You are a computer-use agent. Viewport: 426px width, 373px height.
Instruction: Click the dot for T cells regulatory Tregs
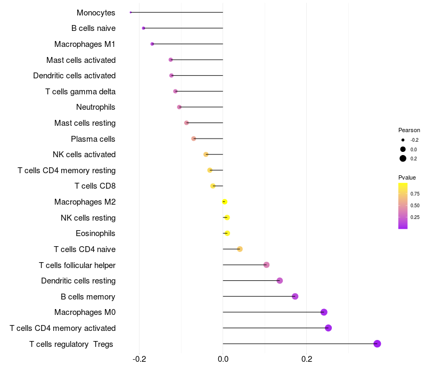coord(377,344)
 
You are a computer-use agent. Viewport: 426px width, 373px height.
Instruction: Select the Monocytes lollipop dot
coord(130,12)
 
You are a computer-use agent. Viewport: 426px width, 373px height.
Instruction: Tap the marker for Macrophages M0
coord(324,312)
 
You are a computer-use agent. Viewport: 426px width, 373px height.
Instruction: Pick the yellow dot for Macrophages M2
coord(225,202)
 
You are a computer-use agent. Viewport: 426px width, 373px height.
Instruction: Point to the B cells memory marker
coord(295,296)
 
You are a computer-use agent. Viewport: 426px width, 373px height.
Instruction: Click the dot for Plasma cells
coord(194,139)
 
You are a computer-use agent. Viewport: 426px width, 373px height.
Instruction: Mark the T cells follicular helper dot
coord(266,265)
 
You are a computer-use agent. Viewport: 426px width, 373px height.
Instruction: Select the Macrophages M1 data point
coord(152,44)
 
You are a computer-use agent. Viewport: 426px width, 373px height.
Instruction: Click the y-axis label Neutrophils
coord(96,107)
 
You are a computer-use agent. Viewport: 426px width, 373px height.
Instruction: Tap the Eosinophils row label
coord(96,233)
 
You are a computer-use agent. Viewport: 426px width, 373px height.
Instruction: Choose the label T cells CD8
coord(95,186)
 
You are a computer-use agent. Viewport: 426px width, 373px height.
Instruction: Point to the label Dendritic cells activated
coord(75,76)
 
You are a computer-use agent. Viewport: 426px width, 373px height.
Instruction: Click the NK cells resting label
coord(88,217)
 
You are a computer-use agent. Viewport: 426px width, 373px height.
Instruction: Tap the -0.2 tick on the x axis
coord(139,359)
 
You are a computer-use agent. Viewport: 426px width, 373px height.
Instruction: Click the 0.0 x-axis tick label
coord(223,359)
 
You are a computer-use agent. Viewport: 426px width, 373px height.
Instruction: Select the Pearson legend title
coord(409,130)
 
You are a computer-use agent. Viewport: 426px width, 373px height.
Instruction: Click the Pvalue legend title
coord(407,177)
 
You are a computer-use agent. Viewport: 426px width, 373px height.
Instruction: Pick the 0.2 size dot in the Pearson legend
coord(403,158)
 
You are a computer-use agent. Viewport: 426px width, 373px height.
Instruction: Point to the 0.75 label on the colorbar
coord(415,193)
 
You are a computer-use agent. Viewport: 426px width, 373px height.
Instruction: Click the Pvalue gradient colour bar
coord(403,206)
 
